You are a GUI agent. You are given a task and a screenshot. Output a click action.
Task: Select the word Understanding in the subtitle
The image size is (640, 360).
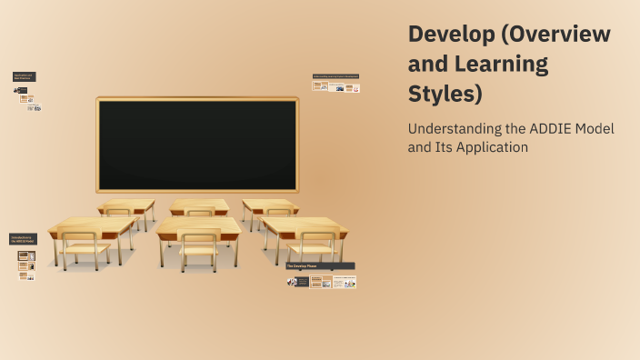tap(453, 129)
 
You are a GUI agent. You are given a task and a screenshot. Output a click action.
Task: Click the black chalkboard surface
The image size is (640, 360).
tap(197, 145)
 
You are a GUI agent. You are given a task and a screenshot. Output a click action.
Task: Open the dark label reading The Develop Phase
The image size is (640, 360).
tap(320, 266)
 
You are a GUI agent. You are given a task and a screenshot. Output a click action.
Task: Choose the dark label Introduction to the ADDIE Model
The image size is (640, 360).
tap(22, 239)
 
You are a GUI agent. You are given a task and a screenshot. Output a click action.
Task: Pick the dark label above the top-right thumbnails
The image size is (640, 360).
tap(335, 76)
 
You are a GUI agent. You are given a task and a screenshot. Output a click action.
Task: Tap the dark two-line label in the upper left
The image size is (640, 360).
tap(24, 77)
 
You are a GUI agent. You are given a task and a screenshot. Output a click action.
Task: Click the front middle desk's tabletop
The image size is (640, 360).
tap(197, 225)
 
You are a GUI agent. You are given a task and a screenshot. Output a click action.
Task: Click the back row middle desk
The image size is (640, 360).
tap(198, 205)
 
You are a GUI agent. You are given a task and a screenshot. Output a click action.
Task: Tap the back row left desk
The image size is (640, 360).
tap(126, 205)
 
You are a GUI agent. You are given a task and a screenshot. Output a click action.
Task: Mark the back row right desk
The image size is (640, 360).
tap(270, 205)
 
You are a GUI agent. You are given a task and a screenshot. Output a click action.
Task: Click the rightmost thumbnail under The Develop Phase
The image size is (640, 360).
tap(345, 283)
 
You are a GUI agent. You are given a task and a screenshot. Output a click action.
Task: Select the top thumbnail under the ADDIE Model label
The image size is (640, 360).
tap(26, 255)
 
